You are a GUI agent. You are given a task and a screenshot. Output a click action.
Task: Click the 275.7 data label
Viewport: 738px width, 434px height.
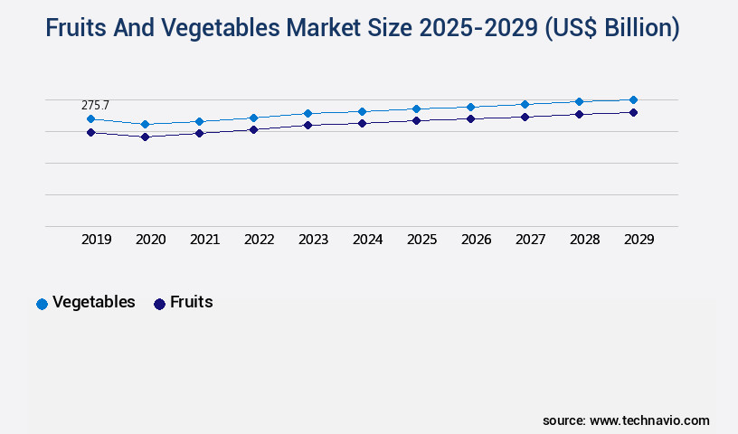(x=95, y=106)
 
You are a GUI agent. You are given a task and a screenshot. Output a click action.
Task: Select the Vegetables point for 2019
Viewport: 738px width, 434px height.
(x=90, y=118)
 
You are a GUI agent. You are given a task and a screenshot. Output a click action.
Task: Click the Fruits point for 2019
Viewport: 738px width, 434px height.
(x=90, y=132)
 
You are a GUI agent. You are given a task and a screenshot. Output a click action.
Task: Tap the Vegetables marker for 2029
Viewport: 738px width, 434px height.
(x=633, y=99)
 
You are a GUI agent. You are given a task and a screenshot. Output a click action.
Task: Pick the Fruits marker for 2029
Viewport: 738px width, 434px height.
(x=633, y=112)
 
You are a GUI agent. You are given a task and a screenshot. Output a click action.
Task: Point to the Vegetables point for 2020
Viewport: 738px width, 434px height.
(x=145, y=124)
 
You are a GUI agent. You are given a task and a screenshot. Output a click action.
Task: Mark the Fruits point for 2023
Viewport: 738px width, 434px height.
(x=307, y=125)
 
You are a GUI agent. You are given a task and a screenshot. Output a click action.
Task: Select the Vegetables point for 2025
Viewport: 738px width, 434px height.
(x=416, y=108)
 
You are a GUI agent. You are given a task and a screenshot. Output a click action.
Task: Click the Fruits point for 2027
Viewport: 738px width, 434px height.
(x=525, y=117)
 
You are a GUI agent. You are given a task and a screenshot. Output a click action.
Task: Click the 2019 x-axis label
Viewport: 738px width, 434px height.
(x=96, y=240)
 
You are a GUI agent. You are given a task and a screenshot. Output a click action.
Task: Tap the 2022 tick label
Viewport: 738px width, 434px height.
(x=259, y=240)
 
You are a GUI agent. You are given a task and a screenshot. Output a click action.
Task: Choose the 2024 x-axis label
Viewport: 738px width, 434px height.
(x=367, y=240)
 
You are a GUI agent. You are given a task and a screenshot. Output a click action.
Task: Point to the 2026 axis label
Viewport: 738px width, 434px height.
(x=476, y=240)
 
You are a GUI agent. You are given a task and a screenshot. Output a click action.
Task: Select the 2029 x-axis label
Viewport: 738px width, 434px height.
(x=639, y=240)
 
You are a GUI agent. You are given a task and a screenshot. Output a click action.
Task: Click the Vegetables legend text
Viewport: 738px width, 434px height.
(x=93, y=302)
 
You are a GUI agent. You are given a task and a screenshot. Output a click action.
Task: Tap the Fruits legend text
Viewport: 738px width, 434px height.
(x=191, y=302)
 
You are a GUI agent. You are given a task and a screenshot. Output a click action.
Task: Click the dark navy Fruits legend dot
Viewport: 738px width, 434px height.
(x=159, y=304)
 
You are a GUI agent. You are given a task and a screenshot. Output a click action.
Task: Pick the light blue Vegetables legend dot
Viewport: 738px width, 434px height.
(x=42, y=304)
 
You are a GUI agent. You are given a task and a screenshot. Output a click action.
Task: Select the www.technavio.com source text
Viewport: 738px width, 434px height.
(x=649, y=420)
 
